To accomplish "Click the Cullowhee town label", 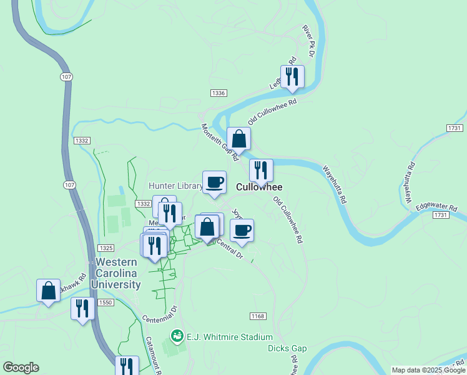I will pyautogui.click(x=259, y=187).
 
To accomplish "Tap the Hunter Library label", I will pyautogui.click(x=175, y=186).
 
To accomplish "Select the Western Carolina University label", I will pyautogui.click(x=117, y=273).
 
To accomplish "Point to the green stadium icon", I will pyautogui.click(x=177, y=336).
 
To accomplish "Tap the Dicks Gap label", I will pyautogui.click(x=287, y=348).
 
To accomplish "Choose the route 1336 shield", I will pyautogui.click(x=218, y=93).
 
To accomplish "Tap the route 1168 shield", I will pyautogui.click(x=258, y=316).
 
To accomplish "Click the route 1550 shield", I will pyautogui.click(x=105, y=302).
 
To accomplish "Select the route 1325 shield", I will pyautogui.click(x=105, y=248).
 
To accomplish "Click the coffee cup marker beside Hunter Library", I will pyautogui.click(x=214, y=182).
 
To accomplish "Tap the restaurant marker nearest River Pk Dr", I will pyautogui.click(x=292, y=76).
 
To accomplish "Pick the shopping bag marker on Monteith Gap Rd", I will pyautogui.click(x=238, y=139).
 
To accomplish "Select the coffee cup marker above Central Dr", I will pyautogui.click(x=242, y=230).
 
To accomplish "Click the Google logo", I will pyautogui.click(x=21, y=367).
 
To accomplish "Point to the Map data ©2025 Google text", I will pyautogui.click(x=428, y=370).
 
